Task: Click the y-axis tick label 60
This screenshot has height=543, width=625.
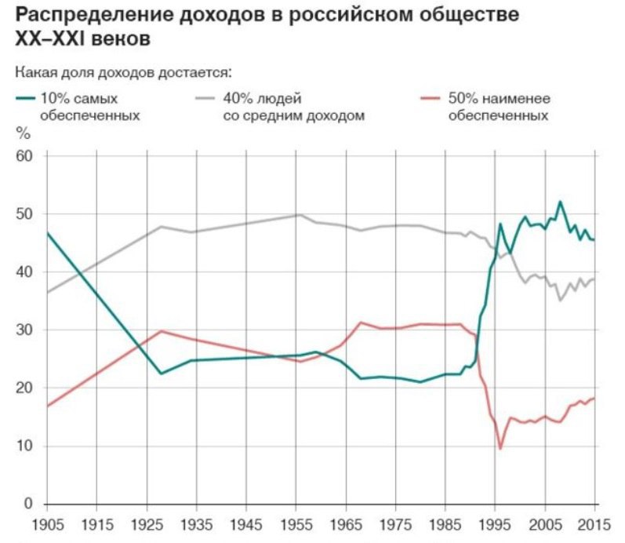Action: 25,156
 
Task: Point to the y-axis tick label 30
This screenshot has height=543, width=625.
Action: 25,330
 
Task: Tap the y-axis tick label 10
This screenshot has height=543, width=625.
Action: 25,446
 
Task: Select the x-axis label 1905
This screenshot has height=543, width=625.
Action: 48,522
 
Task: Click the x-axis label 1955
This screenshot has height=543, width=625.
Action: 298,522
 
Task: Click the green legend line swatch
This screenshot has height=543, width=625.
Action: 26,99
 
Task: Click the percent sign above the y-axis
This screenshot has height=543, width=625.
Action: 22,133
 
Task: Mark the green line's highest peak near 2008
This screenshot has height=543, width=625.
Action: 560,202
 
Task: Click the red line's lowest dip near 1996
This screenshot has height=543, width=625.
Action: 500,450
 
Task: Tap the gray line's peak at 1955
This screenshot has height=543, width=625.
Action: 299,215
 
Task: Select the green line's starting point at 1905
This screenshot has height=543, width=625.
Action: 48,233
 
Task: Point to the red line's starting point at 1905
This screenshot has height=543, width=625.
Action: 48,406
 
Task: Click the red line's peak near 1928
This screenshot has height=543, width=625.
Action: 161,330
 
